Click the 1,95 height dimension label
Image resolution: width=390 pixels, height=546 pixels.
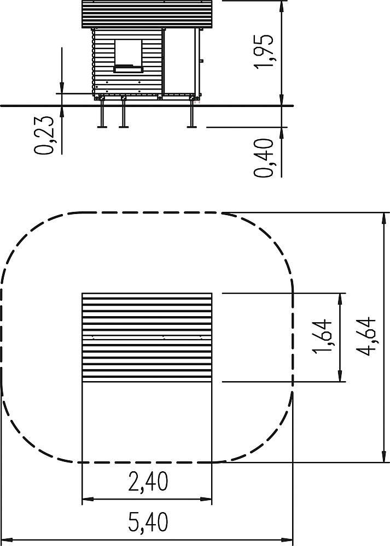pyautogui.click(x=264, y=51)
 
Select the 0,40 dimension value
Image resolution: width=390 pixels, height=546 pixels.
pyautogui.click(x=263, y=158)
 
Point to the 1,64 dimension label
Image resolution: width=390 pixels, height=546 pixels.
pyautogui.click(x=322, y=337)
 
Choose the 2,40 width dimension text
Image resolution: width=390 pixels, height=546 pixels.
pyautogui.click(x=148, y=364)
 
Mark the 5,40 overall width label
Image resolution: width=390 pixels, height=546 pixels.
pyautogui.click(x=148, y=521)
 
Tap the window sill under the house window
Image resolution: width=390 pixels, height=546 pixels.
pyautogui.click(x=129, y=69)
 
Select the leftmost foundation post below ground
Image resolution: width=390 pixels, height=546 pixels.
pyautogui.click(x=102, y=114)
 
